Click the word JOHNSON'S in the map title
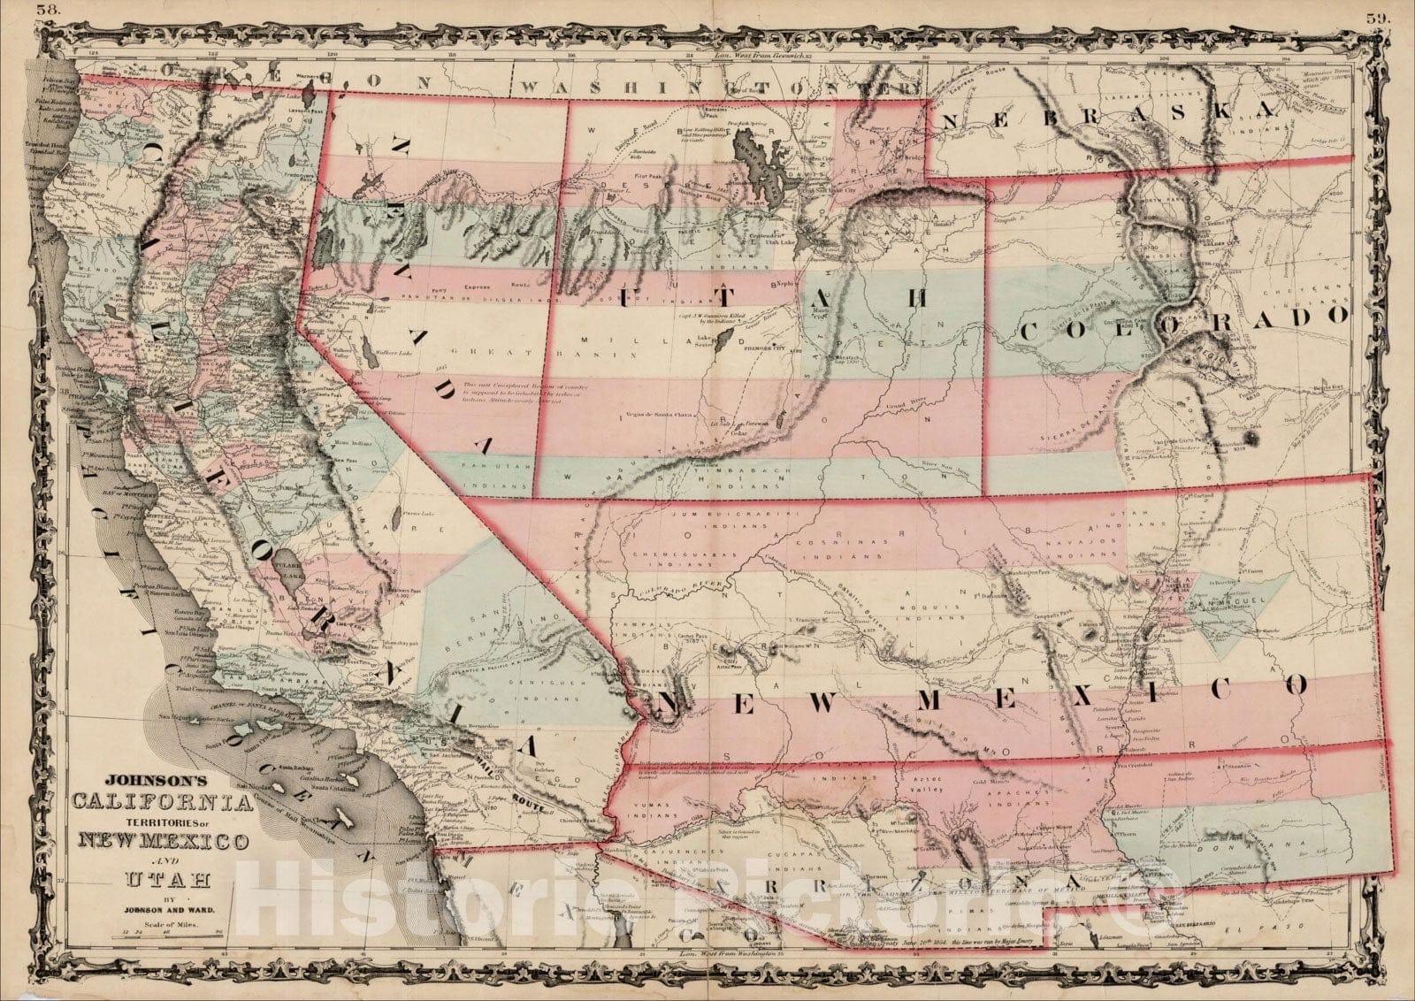[155, 781]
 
